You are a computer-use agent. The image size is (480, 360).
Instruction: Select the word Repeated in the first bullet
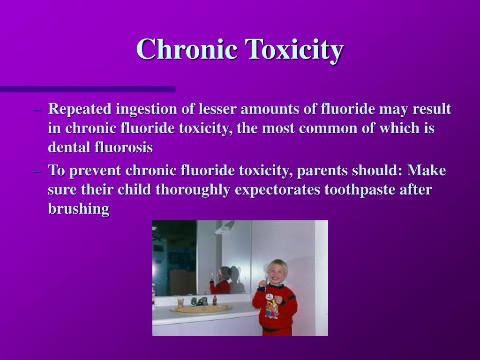(80, 109)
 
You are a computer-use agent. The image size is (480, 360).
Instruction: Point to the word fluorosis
(124, 148)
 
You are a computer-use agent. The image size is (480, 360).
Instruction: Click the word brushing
(79, 209)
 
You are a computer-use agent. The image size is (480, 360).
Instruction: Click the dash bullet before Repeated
(38, 110)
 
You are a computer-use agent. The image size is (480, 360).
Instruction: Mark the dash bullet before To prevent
(38, 171)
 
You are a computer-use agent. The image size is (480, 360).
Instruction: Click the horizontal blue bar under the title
(88, 89)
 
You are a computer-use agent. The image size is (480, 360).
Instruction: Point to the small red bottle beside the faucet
(215, 300)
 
